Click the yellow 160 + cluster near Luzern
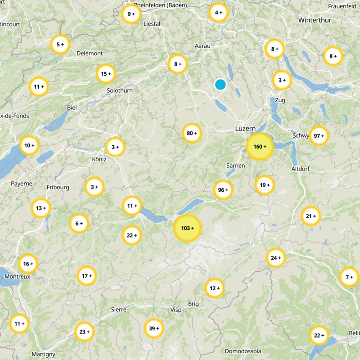tap(260, 147)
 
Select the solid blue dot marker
tap(220, 84)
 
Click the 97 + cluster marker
tap(319, 136)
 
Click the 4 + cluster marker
tap(219, 13)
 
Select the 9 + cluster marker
tap(131, 14)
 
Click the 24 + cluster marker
tap(276, 258)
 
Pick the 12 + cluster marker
tap(215, 288)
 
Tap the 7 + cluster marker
tap(349, 277)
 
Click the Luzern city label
tap(245, 129)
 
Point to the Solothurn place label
tap(120, 90)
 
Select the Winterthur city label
tap(314, 21)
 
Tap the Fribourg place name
tap(58, 187)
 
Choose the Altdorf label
tap(301, 168)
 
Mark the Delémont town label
tap(90, 53)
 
